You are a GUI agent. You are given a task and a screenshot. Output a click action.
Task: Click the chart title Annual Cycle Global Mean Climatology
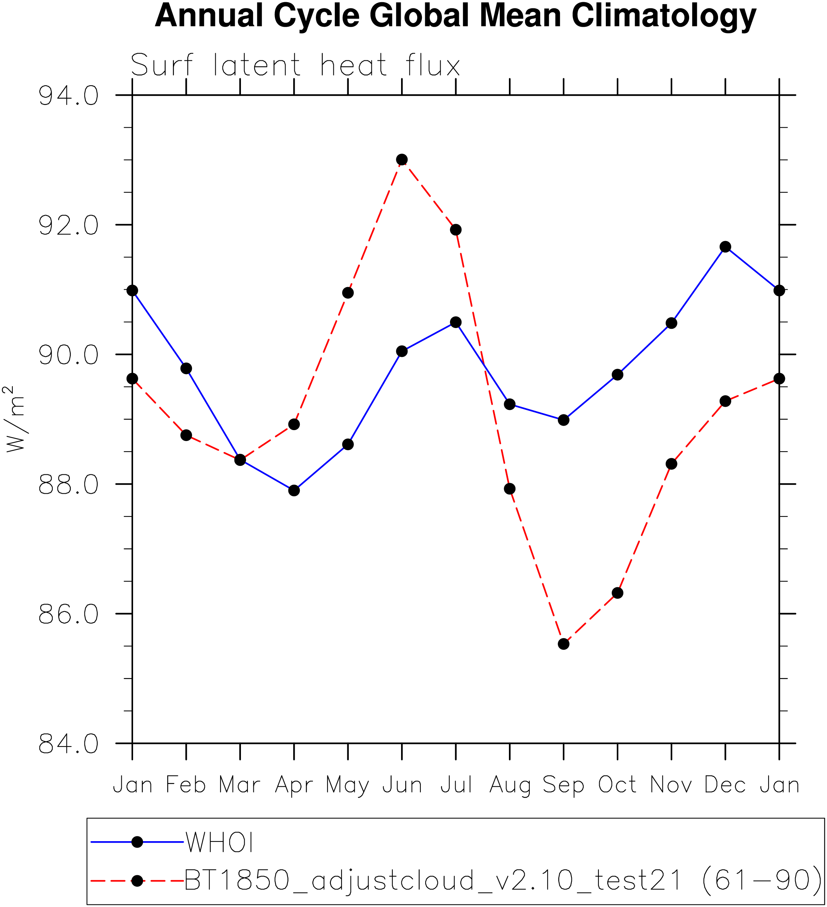click(455, 16)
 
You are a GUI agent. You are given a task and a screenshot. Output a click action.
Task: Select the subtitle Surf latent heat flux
click(295, 65)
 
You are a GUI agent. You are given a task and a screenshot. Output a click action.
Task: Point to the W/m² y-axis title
click(15, 419)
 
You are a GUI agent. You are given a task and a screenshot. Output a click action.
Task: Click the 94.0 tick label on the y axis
click(68, 96)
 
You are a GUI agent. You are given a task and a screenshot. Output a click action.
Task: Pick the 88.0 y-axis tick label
click(68, 485)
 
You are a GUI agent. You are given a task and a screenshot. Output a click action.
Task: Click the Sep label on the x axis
click(563, 785)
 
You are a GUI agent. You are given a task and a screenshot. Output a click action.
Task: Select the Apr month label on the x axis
click(294, 785)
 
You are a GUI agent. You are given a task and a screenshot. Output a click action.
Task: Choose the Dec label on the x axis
click(725, 785)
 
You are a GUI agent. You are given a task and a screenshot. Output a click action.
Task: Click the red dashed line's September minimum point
click(563, 644)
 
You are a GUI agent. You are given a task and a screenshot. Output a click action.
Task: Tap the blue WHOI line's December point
click(725, 246)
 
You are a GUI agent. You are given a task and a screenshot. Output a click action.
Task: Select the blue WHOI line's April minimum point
click(294, 490)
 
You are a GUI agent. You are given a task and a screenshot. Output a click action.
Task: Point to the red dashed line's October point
click(618, 593)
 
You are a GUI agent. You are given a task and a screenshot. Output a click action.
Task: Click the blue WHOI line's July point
click(456, 322)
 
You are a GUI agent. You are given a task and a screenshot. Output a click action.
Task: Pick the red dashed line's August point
click(510, 489)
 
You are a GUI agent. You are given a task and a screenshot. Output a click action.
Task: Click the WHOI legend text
click(219, 842)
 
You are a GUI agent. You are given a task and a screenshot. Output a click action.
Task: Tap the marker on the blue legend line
click(137, 842)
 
